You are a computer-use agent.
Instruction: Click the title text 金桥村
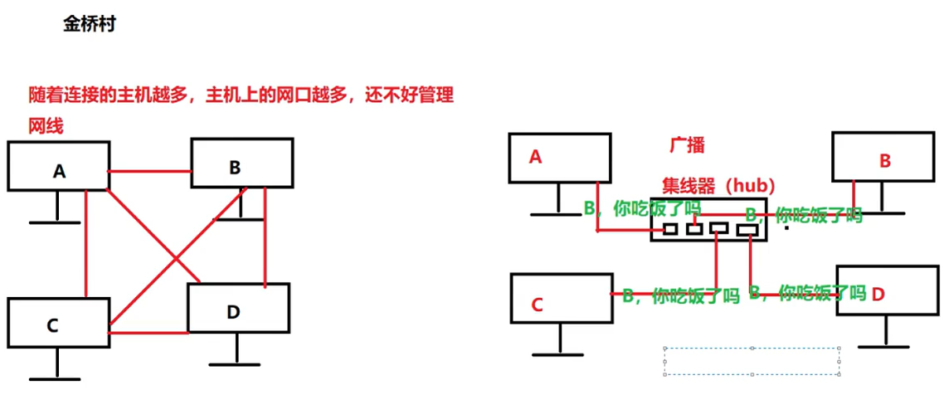pos(89,24)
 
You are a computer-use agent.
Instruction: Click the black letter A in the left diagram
pos(59,172)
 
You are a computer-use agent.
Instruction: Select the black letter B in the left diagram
pos(235,168)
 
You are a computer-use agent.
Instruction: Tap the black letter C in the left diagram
pos(51,325)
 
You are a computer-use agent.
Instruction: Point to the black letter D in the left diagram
pos(233,312)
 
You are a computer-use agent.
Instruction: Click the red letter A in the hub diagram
pos(536,156)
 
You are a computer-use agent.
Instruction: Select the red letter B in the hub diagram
pos(885,160)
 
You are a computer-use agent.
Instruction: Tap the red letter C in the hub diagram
pos(537,305)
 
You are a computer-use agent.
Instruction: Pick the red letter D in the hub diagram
pos(878,294)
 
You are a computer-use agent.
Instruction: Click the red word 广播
pos(687,145)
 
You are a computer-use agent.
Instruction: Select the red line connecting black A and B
pos(150,172)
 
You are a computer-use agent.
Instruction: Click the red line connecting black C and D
pos(148,334)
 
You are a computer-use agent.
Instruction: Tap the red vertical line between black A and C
pos(86,245)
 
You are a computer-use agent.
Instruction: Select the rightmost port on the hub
pos(747,230)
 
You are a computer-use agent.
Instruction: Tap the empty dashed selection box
pos(752,361)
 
